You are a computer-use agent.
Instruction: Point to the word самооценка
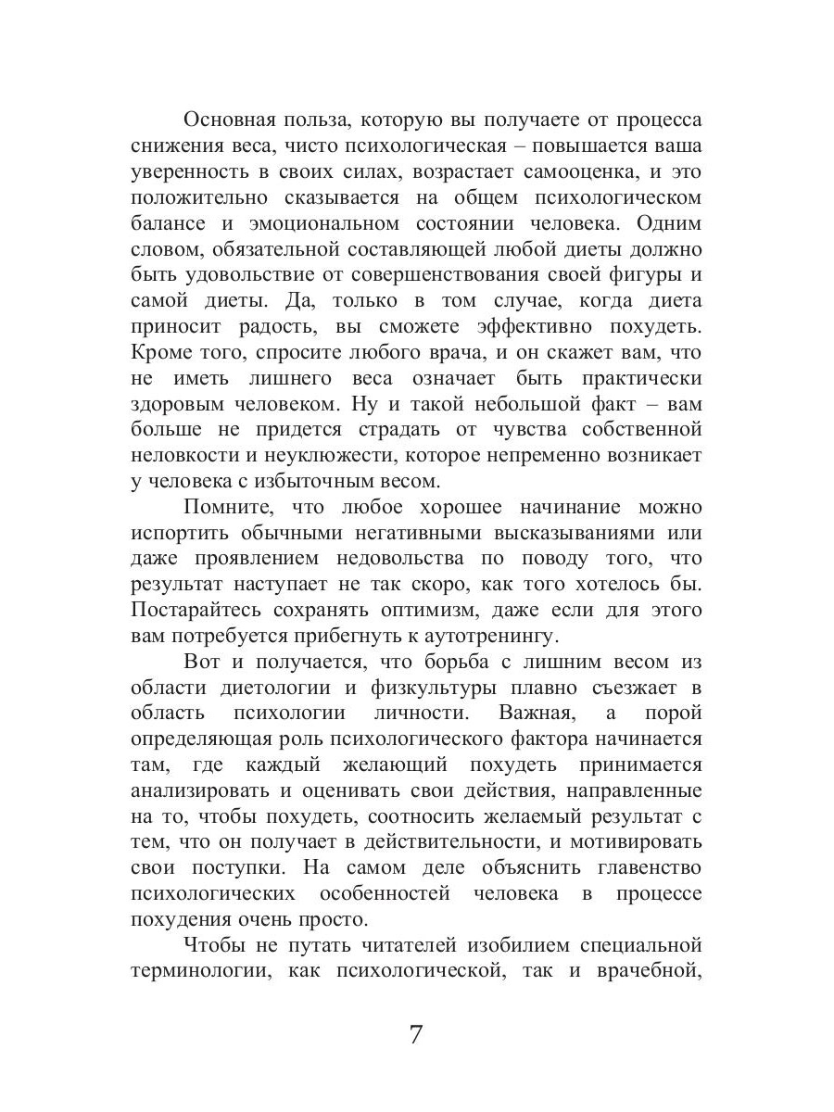click(518, 172)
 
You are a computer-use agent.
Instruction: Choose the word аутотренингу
click(486, 636)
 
